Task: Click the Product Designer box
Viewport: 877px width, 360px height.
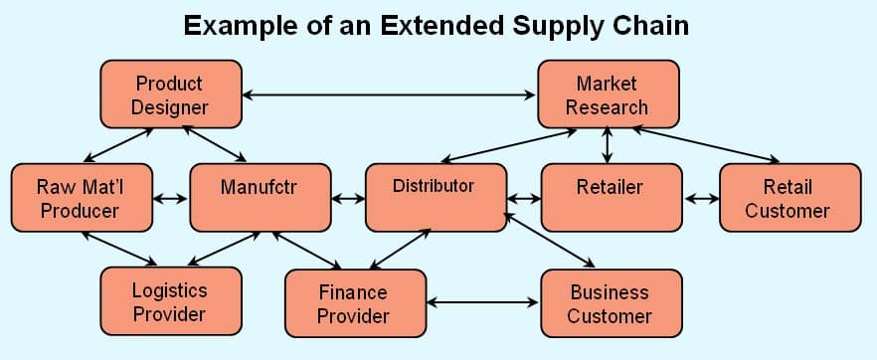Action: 170,94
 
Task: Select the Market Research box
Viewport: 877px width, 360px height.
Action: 607,94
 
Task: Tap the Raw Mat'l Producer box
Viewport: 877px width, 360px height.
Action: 80,198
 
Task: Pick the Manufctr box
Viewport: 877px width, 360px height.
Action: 260,198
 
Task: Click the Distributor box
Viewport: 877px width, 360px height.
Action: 435,198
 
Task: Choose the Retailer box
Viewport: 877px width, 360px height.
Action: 610,198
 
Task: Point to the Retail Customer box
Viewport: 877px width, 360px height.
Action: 788,198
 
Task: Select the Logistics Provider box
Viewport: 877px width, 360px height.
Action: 170,301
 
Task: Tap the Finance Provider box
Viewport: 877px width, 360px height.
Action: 354,303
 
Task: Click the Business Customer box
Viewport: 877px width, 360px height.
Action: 610,303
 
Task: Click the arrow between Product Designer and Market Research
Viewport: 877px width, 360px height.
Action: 389,95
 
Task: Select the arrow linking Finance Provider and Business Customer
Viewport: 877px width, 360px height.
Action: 482,301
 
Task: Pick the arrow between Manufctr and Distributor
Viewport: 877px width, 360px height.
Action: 348,198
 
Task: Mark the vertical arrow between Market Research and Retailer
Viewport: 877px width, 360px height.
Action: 607,145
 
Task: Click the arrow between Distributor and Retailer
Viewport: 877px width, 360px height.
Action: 524,198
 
